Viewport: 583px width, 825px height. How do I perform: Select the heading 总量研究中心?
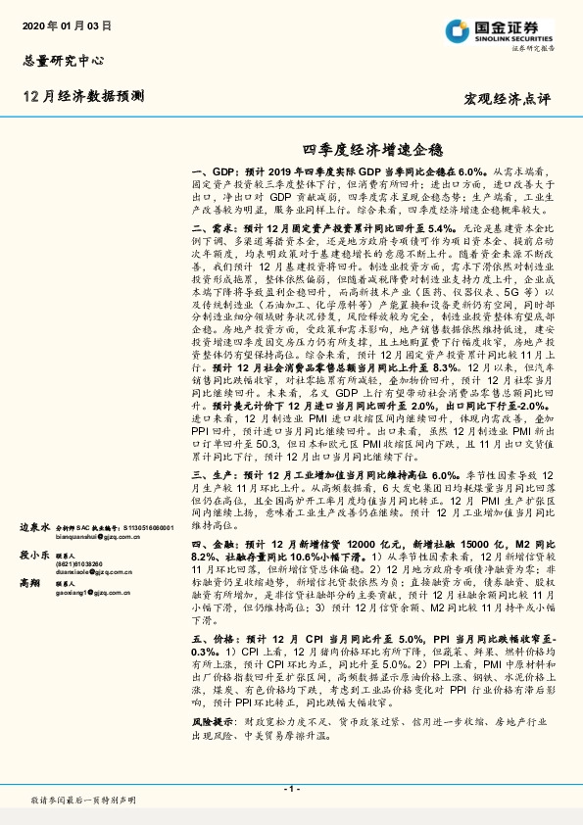tap(63, 59)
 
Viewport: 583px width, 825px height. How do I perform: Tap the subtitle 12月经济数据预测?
tap(81, 96)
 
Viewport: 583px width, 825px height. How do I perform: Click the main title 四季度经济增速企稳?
tap(372, 148)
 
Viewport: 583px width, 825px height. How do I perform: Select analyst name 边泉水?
tap(34, 526)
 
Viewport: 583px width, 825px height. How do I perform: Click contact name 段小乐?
tap(34, 553)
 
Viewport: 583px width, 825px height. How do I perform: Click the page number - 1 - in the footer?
tap(291, 789)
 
